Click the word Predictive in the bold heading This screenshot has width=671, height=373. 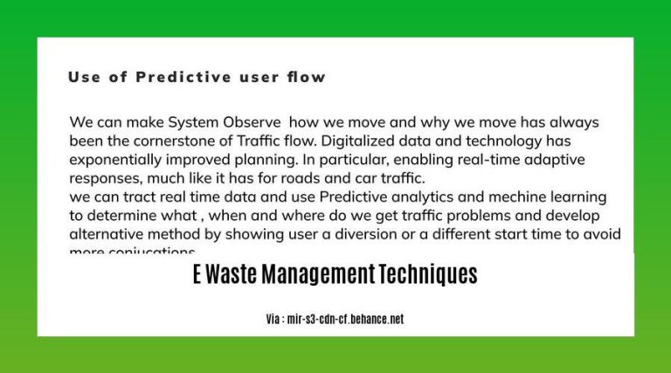[179, 77]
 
